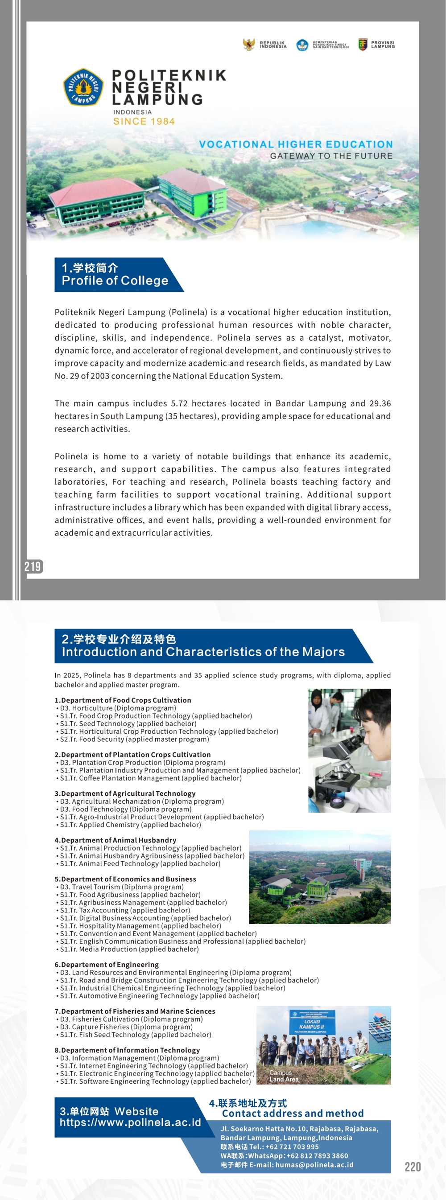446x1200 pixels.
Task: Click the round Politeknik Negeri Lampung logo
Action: coord(83,87)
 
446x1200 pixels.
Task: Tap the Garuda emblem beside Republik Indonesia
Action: coord(249,45)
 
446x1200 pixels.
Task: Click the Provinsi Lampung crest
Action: coord(363,45)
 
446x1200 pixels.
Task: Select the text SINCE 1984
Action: coord(144,122)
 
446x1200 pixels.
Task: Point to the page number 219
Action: coord(33,567)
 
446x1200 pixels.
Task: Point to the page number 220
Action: coord(413,1167)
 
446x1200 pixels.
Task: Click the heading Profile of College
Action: coord(115,281)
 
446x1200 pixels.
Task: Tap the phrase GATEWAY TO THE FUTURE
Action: coord(331,156)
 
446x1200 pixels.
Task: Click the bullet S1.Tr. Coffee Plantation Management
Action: coord(151,778)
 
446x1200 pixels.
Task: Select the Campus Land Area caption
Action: coord(284,1076)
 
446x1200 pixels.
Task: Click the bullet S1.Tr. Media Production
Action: coord(129,949)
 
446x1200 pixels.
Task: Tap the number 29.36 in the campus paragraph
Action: coord(380,403)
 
